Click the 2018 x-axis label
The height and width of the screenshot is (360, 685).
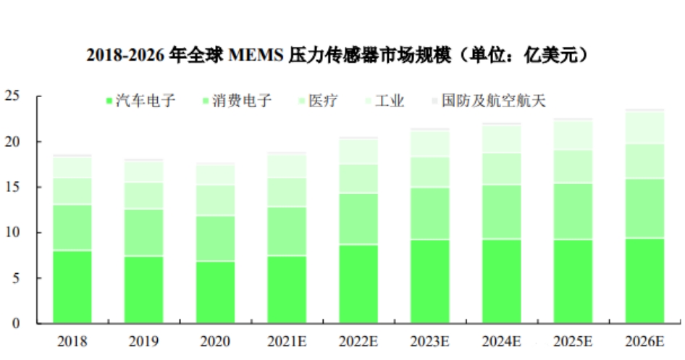(72, 341)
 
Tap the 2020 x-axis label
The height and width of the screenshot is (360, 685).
(215, 341)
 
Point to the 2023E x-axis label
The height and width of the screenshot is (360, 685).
(430, 341)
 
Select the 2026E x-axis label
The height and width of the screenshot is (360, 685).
(644, 341)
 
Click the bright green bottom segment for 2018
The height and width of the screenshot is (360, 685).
(72, 287)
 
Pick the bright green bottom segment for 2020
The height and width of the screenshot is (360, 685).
(215, 293)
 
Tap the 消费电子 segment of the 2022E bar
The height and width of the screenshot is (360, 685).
(358, 219)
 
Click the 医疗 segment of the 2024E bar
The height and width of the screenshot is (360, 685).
(501, 169)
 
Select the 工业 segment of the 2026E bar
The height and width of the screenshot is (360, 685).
(644, 127)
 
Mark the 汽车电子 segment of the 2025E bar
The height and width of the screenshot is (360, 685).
(573, 281)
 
